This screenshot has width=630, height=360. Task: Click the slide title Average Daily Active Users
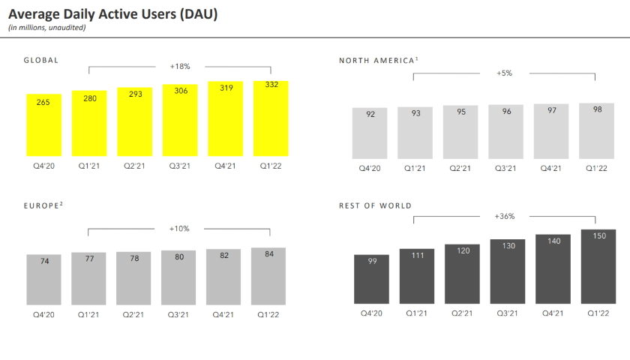pos(113,13)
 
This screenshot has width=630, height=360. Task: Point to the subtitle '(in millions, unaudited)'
pos(46,28)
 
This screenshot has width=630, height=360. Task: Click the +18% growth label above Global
pos(180,66)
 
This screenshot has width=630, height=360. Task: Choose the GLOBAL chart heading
pos(41,59)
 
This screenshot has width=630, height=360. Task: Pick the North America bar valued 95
pos(460,131)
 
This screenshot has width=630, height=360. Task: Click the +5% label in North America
pos(504,73)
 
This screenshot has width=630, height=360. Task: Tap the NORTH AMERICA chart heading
pos(376,59)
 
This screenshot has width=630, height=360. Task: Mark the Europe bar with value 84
pos(268,275)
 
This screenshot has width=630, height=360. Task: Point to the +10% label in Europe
pos(180,229)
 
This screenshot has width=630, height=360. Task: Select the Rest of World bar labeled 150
pos(598,266)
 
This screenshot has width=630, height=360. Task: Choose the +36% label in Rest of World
pos(504,216)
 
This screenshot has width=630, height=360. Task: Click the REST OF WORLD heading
pos(375,205)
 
